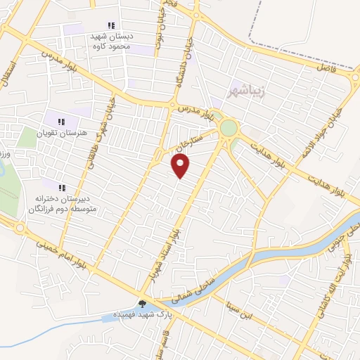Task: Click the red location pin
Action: coord(181,165)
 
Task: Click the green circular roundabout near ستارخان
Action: coord(229,128)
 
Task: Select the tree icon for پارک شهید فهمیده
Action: coord(143,304)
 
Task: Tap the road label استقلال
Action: coord(8,73)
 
